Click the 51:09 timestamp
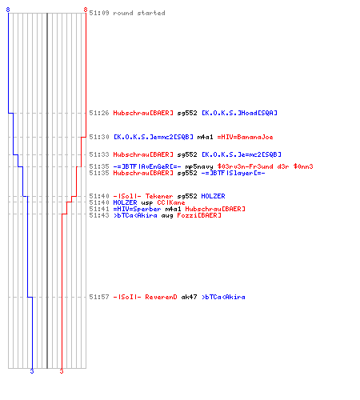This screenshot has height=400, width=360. click(x=99, y=13)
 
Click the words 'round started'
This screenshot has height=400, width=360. click(x=139, y=13)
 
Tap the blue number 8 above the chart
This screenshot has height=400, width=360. click(x=8, y=10)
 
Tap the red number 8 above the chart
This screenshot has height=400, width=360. click(x=86, y=10)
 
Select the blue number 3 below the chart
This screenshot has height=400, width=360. click(x=32, y=371)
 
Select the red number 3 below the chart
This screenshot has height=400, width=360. click(x=62, y=371)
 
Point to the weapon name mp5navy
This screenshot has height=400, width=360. click(x=199, y=166)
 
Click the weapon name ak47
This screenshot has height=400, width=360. click(x=189, y=297)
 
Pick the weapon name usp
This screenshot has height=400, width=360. click(x=147, y=202)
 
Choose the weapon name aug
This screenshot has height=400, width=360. click(x=167, y=215)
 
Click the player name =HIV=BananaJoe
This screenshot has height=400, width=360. click(x=245, y=137)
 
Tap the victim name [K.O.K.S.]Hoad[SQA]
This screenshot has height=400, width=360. click(x=239, y=113)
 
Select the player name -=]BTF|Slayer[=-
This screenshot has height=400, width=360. click(x=233, y=173)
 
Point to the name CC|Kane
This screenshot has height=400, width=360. click(x=171, y=202)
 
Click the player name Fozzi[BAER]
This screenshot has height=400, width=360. click(x=199, y=215)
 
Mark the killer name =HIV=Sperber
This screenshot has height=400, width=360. click(x=137, y=209)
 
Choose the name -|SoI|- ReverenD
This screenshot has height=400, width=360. click(x=145, y=297)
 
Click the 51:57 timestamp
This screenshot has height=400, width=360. click(x=99, y=297)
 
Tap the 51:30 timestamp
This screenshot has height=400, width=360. click(x=99, y=137)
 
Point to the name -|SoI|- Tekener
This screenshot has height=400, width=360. click(x=143, y=196)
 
